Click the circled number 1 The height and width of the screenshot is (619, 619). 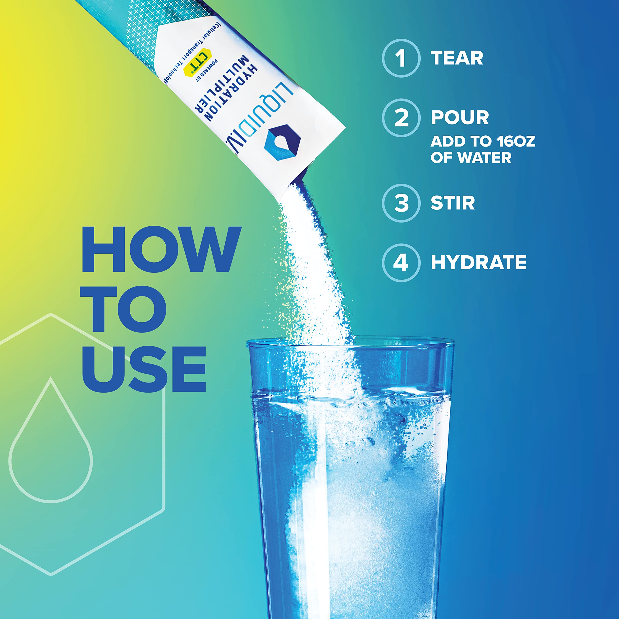pos(401,58)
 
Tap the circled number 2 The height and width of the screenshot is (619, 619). pos(401,118)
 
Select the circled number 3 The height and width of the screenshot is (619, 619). pos(401,203)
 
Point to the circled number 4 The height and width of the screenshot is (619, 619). pos(401,263)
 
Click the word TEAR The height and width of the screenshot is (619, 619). pos(457,58)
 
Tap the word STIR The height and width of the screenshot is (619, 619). pos(452,203)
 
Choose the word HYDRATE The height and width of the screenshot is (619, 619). pos(478,263)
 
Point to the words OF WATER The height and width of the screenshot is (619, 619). pos(471,158)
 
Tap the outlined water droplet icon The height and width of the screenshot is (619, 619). pos(51,442)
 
